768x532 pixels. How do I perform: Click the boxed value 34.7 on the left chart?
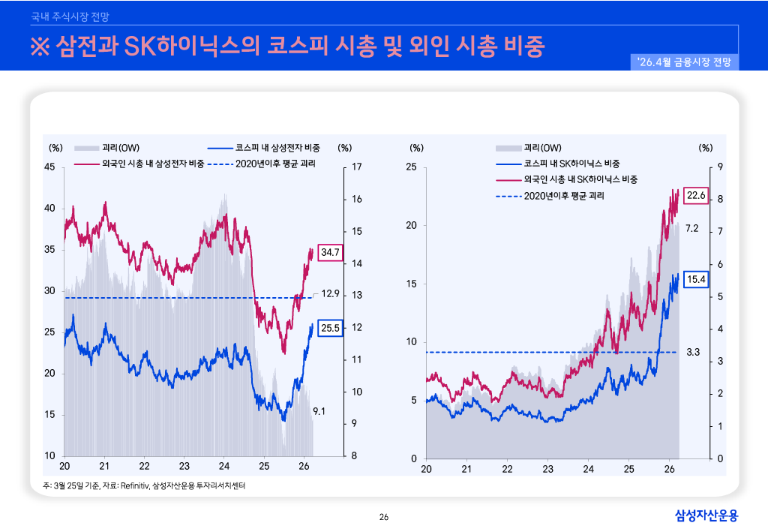pos(331,253)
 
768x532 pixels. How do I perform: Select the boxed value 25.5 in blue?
pos(331,327)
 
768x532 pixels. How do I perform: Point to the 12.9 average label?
pos(331,293)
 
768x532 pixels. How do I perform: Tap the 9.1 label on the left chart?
pos(318,411)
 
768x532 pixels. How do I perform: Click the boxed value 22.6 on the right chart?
pos(697,196)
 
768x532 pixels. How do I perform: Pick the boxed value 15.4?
pos(697,279)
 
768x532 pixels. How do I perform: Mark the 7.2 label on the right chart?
pos(691,228)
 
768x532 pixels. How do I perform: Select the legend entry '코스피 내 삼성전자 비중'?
pos(277,148)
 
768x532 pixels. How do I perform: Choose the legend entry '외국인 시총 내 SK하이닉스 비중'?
pos(580,179)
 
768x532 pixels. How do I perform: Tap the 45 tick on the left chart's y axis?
pos(50,167)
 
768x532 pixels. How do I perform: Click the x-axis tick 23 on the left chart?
pos(184,466)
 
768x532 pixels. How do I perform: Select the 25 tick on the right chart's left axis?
pos(411,167)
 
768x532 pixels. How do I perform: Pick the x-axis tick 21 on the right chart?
pos(466,469)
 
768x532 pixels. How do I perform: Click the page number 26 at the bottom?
pos(384,517)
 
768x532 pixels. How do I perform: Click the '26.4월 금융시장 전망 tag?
pos(686,62)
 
